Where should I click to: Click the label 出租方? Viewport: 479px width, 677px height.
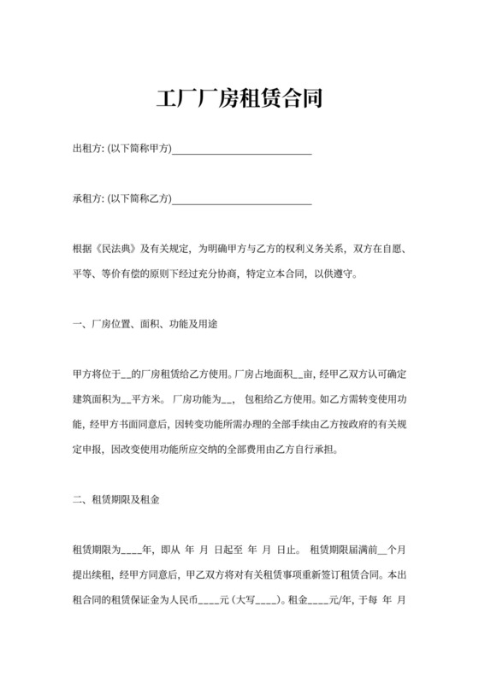point(86,150)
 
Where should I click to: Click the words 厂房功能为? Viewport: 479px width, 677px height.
point(196,399)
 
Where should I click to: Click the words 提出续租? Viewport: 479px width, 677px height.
point(92,574)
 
